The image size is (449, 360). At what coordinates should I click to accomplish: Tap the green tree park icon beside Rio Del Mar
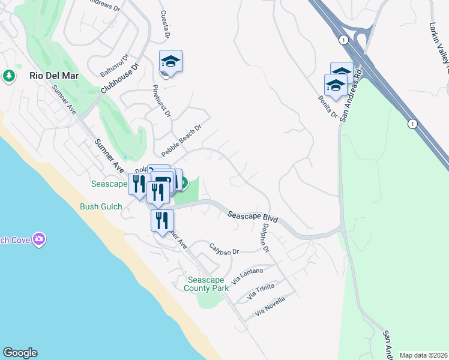(9, 76)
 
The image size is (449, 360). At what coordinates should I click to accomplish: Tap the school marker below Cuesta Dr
(170, 62)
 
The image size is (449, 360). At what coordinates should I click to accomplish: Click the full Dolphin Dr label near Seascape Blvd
(264, 238)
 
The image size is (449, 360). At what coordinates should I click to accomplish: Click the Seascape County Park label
(207, 284)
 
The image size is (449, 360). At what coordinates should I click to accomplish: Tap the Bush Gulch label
(101, 207)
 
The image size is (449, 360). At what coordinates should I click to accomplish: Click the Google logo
(20, 353)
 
